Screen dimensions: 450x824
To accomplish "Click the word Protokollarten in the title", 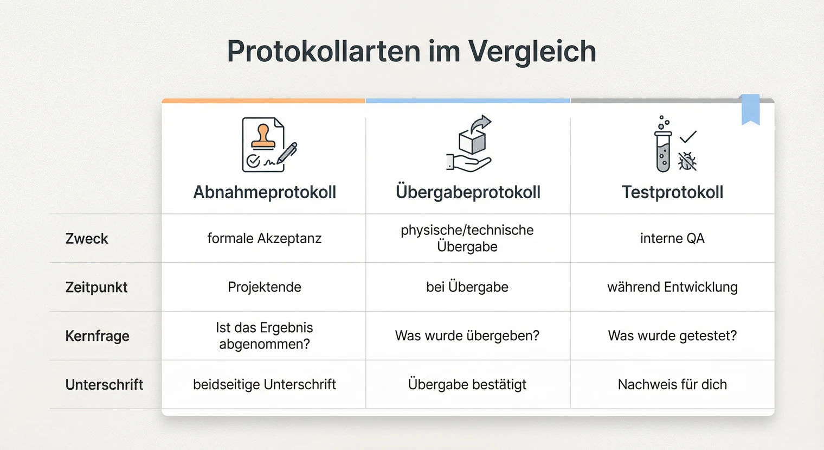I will point(323,52).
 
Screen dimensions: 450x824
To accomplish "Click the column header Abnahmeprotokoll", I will point(265,192).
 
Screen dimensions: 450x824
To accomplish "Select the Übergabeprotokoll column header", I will point(468,192).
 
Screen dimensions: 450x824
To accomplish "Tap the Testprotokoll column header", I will point(672,192).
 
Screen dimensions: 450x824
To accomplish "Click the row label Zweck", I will point(87,239).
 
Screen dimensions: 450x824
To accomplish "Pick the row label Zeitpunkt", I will point(96,287).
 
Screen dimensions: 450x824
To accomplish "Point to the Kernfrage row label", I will point(98,336).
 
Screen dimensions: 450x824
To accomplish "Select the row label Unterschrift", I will point(104,385).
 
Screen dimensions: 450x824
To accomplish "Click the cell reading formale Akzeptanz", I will point(265,238).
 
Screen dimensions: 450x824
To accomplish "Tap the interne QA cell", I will point(672,238).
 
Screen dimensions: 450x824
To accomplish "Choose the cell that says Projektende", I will point(265,287).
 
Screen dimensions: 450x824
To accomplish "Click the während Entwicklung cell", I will point(672,287).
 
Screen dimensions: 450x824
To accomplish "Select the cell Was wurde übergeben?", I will point(467,336).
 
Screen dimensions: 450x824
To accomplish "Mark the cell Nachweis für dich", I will point(672,385).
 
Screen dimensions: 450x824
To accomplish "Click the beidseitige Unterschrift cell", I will point(265,385).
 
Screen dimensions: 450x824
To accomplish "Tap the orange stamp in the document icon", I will point(263,137).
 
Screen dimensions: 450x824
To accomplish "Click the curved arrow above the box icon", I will point(480,123).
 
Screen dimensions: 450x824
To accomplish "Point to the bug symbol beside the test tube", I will point(687,161).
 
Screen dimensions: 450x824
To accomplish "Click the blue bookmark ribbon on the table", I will point(750,109).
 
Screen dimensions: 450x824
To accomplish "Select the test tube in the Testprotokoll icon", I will point(663,152).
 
